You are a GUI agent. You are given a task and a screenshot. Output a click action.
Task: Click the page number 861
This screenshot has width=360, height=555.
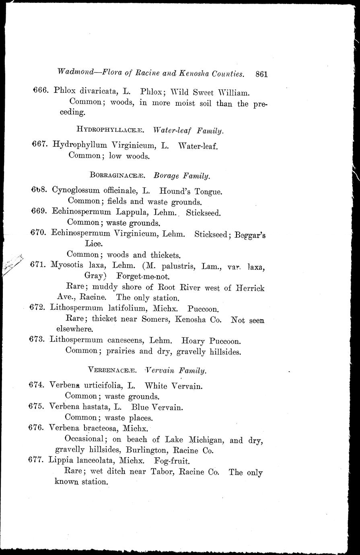pyautogui.click(x=261, y=74)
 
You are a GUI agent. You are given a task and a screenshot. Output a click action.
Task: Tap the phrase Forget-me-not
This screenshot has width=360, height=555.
pyautogui.click(x=143, y=276)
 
